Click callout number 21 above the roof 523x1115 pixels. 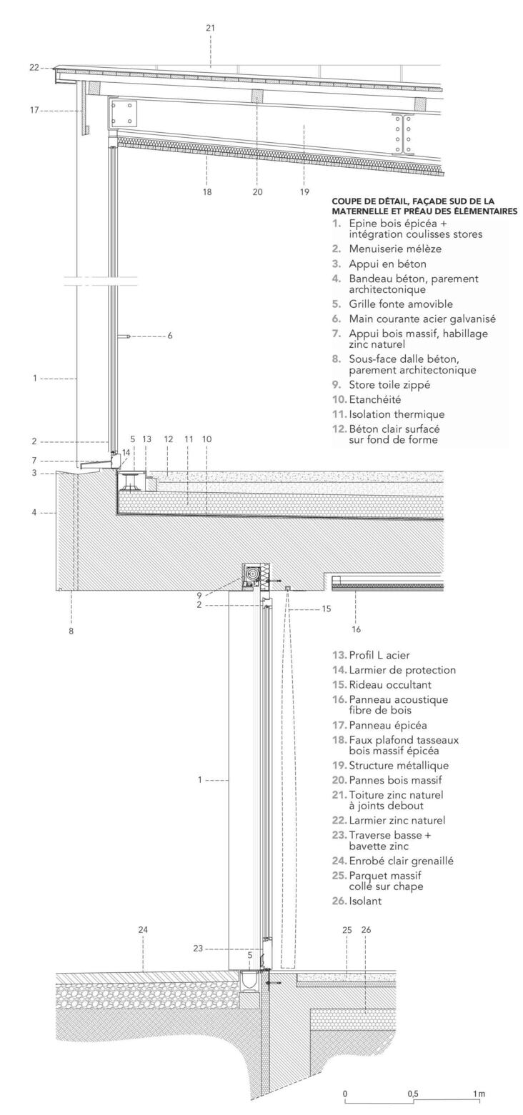(x=210, y=28)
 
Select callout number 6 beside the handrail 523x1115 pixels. (x=169, y=335)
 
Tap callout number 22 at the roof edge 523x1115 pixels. (x=34, y=68)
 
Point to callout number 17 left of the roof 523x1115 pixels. (x=34, y=111)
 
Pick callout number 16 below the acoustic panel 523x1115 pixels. (x=357, y=629)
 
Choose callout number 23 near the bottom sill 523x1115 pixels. (x=198, y=949)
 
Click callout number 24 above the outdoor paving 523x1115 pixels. (x=143, y=930)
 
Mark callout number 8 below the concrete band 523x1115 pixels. (x=71, y=631)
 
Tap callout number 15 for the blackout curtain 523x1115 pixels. (x=326, y=609)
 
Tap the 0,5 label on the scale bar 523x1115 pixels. (x=413, y=1094)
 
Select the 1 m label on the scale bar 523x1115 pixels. (x=478, y=1094)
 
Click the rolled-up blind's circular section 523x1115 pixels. (x=251, y=574)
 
